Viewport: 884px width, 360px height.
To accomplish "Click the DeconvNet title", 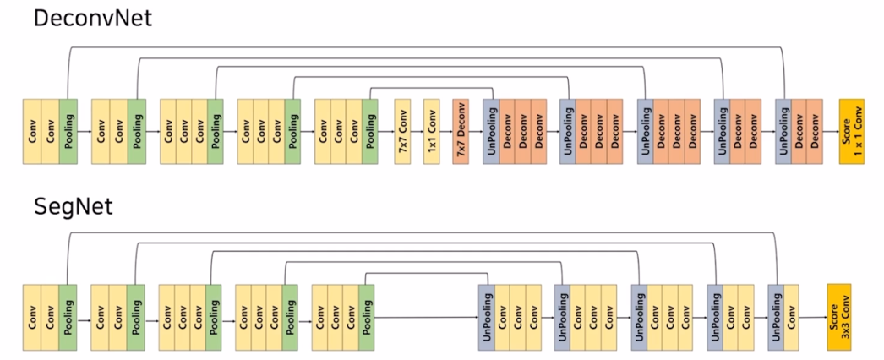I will (x=92, y=18).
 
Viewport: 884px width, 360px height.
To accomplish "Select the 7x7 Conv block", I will (x=402, y=131).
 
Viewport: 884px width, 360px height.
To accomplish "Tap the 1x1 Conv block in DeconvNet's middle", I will (x=432, y=131).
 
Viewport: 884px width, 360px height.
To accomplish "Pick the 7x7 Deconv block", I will (x=461, y=131).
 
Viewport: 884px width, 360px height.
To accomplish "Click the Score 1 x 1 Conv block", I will (x=851, y=131).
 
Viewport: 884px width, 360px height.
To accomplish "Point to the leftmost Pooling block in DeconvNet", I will (x=68, y=131).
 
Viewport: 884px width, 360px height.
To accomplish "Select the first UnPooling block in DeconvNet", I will (x=491, y=131).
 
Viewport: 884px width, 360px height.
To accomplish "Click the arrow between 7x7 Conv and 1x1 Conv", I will (x=417, y=132).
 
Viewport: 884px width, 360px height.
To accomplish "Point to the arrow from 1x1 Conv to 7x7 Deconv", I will (x=446, y=132).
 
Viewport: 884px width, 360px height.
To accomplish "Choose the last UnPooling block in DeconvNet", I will (x=783, y=131).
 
